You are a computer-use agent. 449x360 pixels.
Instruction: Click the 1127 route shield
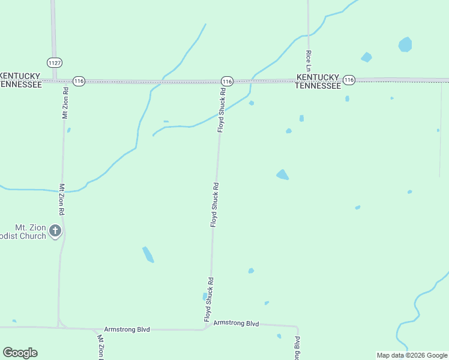coord(55,62)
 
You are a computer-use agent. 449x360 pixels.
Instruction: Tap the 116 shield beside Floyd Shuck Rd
coord(226,81)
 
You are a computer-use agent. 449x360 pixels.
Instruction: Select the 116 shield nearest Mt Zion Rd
coord(78,80)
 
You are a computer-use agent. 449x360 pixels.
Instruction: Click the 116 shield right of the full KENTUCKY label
coord(349,79)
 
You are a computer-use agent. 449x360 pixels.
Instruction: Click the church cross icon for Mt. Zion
coord(55,230)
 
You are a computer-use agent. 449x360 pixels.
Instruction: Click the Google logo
coord(20,353)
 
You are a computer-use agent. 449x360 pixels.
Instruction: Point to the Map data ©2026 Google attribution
coord(412,355)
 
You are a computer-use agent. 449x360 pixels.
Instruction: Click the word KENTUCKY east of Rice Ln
coord(318,77)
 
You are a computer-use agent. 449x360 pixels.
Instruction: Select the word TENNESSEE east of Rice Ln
coord(318,86)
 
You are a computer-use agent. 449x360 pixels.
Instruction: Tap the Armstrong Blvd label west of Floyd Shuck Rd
coord(127,329)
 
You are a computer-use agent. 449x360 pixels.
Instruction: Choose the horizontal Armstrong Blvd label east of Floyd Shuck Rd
coord(236,323)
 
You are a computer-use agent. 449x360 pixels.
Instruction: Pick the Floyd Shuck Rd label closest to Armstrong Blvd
coord(208,299)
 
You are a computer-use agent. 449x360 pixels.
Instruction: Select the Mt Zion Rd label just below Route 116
coord(65,103)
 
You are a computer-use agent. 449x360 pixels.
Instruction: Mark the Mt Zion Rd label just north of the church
coord(61,200)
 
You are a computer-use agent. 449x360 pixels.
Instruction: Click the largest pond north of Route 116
coord(405,44)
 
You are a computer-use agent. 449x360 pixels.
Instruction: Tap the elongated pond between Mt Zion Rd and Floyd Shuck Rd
coord(148,254)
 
